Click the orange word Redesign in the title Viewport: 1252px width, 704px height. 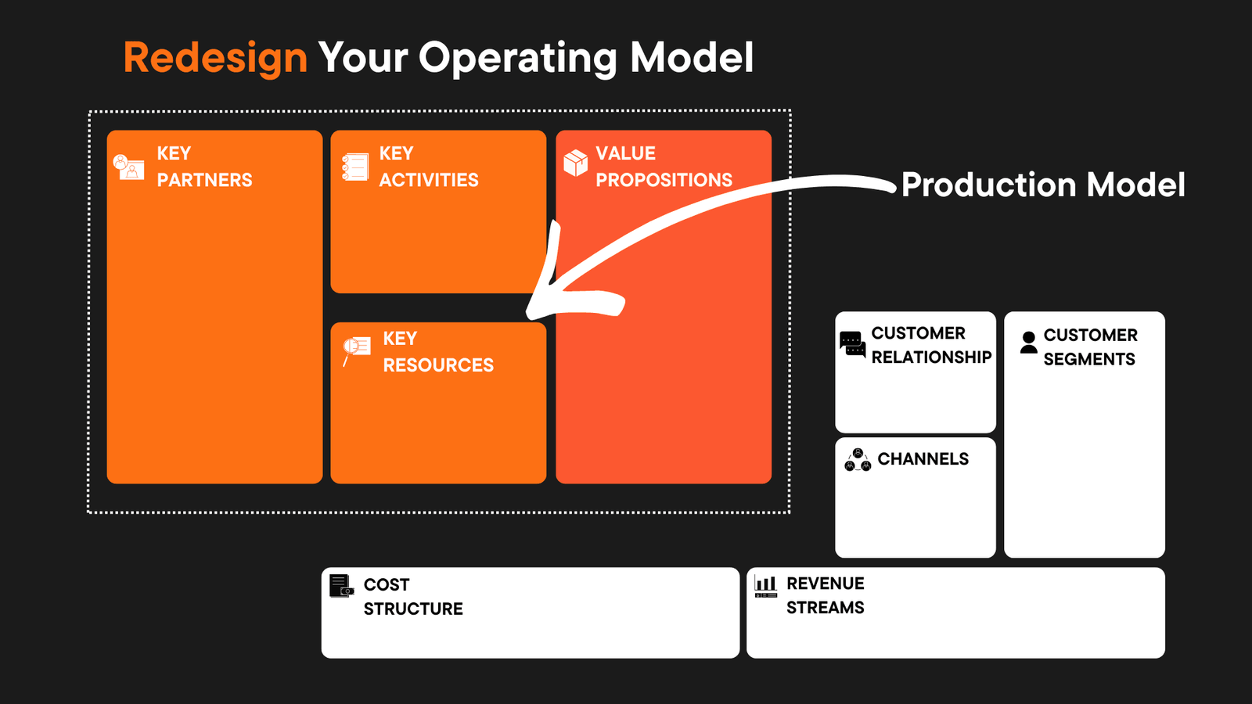tap(215, 59)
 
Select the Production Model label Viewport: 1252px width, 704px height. tap(1043, 185)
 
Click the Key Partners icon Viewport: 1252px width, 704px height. tap(128, 167)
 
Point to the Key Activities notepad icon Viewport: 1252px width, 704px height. tap(355, 167)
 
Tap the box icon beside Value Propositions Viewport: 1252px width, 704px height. tap(576, 163)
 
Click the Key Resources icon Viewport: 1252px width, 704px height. tap(356, 348)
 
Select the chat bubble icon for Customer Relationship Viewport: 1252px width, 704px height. tap(852, 344)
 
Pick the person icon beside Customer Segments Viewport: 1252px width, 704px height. tap(1029, 342)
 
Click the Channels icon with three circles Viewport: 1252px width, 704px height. tap(858, 460)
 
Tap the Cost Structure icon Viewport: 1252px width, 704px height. tap(341, 586)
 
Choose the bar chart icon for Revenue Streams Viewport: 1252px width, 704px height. tap(765, 586)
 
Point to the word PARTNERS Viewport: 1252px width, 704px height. tap(204, 180)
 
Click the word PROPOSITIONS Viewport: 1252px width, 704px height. tap(664, 180)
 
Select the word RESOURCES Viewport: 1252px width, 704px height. tap(438, 365)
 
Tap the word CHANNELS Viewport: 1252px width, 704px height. tap(923, 459)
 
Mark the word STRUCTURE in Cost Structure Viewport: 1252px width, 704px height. tap(413, 609)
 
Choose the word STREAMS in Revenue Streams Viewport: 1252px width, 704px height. tap(825, 608)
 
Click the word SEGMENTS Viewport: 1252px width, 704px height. tap(1088, 359)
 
